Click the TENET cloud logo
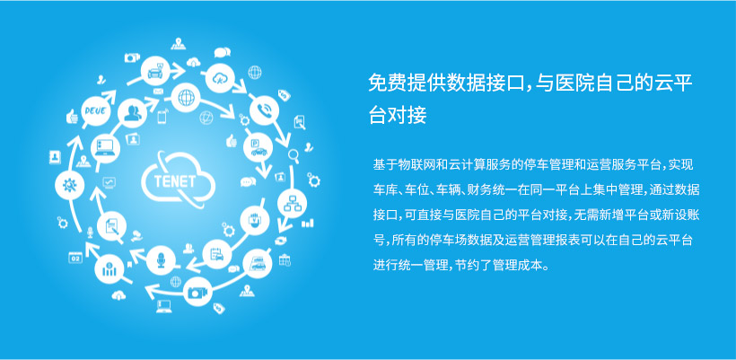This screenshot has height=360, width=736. pos(178,180)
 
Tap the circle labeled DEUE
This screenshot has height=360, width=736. pos(96,111)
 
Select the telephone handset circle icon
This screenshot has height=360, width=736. pos(264,110)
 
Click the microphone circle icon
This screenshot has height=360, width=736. pos(161,260)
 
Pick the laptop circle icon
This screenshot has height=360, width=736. pos(105,148)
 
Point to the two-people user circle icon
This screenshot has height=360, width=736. pos(132,112)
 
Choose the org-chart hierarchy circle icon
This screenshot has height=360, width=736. pos(292,204)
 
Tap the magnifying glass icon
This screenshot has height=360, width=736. pos(294,155)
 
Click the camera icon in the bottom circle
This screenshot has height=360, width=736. pos(197,292)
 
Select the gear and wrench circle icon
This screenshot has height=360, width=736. pos(69,184)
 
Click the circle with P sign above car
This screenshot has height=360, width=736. pos(258,146)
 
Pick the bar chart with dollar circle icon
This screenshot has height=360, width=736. pos(110,269)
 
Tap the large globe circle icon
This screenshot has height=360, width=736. pos(186,97)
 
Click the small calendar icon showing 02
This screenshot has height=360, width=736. pos(75,258)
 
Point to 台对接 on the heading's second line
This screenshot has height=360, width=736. pos(398,115)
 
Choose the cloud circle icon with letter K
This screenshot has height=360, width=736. pos(220,78)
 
